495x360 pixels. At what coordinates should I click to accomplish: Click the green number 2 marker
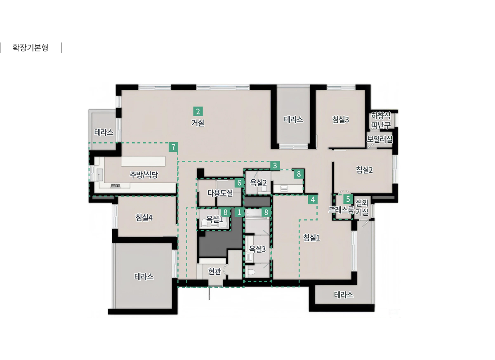tap(198, 111)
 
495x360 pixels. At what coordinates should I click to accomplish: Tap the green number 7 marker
tap(173, 147)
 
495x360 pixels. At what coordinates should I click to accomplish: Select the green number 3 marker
tap(275, 166)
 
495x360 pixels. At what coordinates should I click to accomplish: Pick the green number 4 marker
tap(313, 200)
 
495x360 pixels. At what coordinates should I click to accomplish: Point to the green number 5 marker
tap(348, 199)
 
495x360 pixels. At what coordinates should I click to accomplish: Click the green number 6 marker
tap(239, 183)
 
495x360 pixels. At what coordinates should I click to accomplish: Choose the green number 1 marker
tap(239, 212)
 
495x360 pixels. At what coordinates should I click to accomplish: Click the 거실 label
tap(198, 122)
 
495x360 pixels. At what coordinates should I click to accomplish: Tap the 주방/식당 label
tap(144, 175)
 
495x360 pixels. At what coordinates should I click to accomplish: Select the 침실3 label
tap(341, 120)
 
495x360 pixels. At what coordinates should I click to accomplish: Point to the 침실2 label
tap(364, 170)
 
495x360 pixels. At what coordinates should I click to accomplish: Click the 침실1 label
tap(311, 238)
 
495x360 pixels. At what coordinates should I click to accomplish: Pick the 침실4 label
tap(144, 218)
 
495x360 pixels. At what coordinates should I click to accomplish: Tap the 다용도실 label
tap(220, 193)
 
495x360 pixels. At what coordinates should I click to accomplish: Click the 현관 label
tap(214, 271)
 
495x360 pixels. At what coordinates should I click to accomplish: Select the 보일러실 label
tap(379, 139)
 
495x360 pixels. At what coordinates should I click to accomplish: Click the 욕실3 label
tap(257, 249)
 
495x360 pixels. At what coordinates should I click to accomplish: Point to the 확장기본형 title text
tap(30, 48)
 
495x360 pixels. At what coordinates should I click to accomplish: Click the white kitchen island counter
tap(143, 161)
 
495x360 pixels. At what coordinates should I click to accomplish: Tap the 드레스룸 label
tap(342, 210)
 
